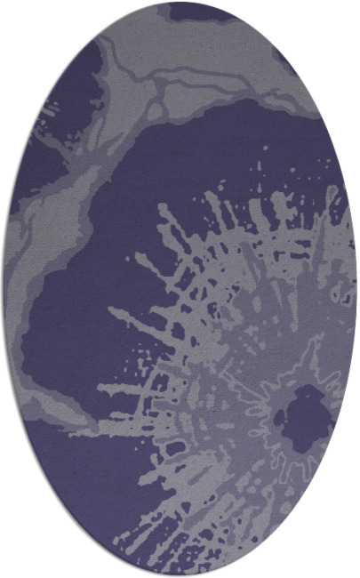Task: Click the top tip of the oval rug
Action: click(180, 3)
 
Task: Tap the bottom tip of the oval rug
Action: click(180, 575)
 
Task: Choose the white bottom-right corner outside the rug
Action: click(352, 570)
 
